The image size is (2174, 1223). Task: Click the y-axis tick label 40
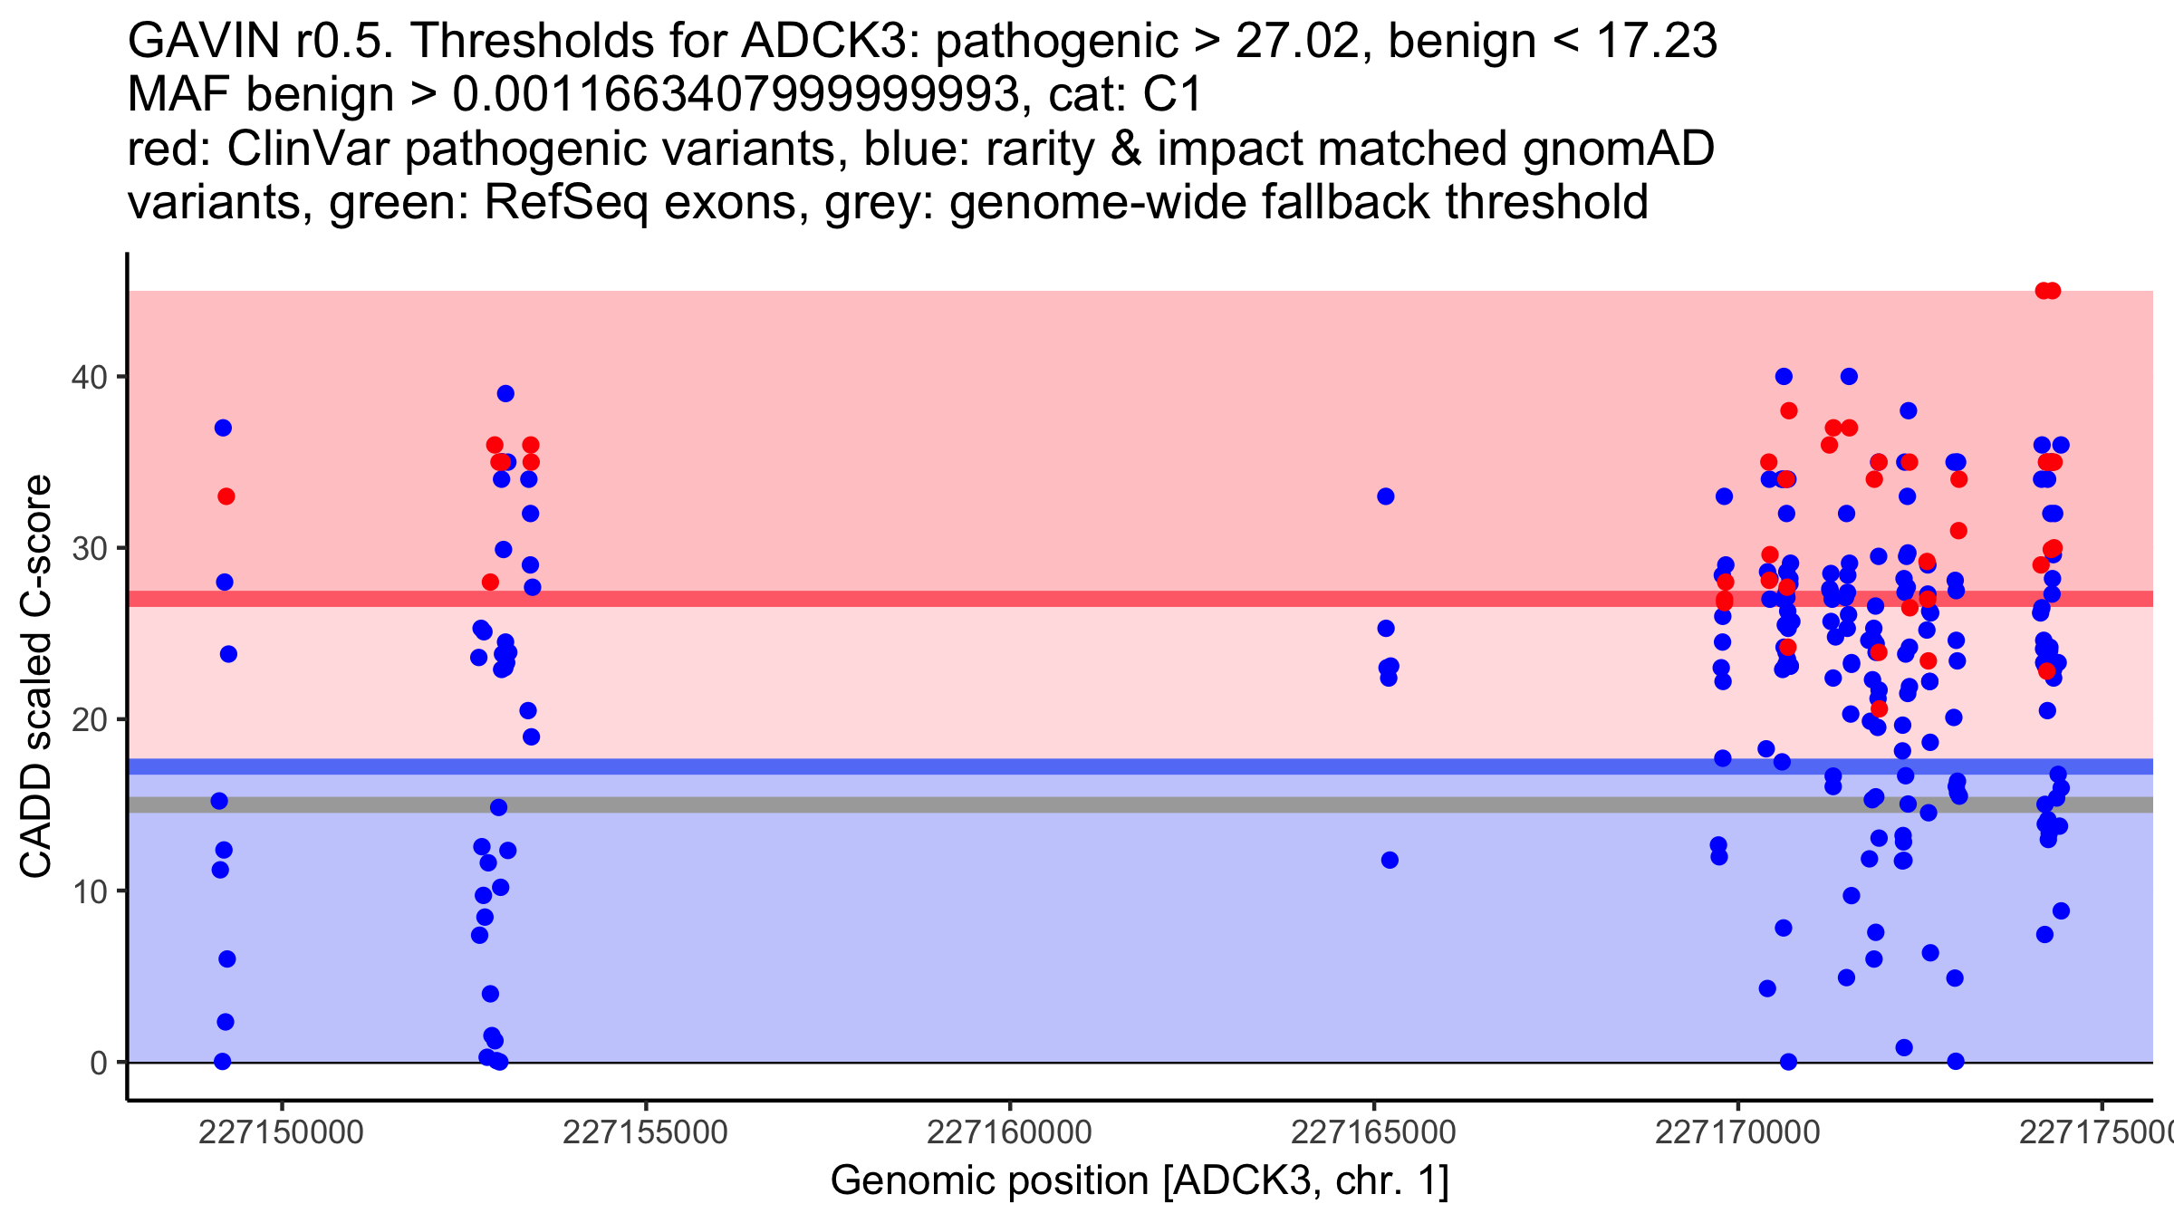click(88, 377)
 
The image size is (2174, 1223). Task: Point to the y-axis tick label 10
click(88, 891)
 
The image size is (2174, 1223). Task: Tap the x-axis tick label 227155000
click(645, 1132)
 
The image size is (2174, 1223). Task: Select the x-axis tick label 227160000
click(1009, 1132)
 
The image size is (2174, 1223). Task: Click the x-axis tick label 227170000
click(1736, 1132)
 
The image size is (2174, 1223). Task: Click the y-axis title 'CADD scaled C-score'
click(36, 676)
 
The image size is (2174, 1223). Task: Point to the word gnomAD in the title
click(1618, 149)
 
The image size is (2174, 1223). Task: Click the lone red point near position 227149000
click(226, 496)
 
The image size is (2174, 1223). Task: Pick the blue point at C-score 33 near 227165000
click(1385, 496)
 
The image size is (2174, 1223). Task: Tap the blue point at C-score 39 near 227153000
click(505, 394)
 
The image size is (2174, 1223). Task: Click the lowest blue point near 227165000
click(1390, 860)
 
